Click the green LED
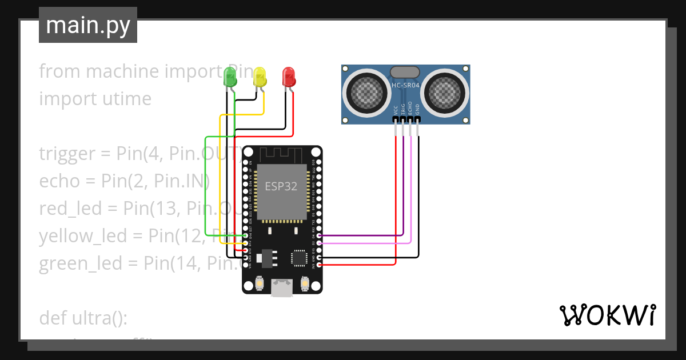point(230,77)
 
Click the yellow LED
point(260,77)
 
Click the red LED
point(289,77)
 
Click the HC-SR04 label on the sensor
point(405,86)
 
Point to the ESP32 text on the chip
point(281,187)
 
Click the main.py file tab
point(88,25)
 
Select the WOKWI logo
point(607,315)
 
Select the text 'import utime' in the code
point(95,99)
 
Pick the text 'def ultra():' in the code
point(83,318)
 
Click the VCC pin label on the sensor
point(396,110)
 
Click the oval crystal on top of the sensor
point(405,71)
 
